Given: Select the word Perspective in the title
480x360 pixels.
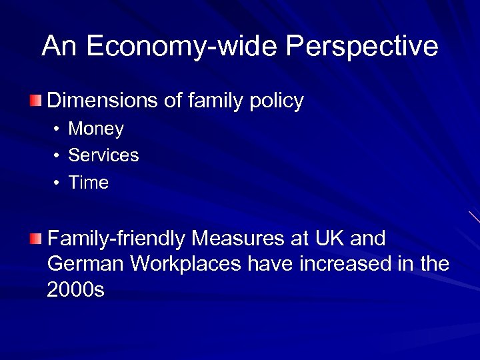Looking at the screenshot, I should click(x=363, y=47).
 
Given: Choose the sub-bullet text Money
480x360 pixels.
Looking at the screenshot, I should click(x=96, y=129).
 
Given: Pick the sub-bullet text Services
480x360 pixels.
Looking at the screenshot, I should click(x=103, y=155).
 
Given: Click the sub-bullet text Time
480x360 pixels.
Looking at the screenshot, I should click(x=88, y=183).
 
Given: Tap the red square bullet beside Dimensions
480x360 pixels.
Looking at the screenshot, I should click(x=35, y=101).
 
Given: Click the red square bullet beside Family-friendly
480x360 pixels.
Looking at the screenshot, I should click(x=35, y=238).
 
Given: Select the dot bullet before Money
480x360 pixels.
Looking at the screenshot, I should click(x=57, y=129).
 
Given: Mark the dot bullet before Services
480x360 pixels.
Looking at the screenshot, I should click(x=57, y=156).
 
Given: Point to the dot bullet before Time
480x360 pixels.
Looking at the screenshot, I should click(x=57, y=183).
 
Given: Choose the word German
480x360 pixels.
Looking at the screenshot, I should click(x=86, y=264).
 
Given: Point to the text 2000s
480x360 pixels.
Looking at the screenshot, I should click(x=76, y=290).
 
